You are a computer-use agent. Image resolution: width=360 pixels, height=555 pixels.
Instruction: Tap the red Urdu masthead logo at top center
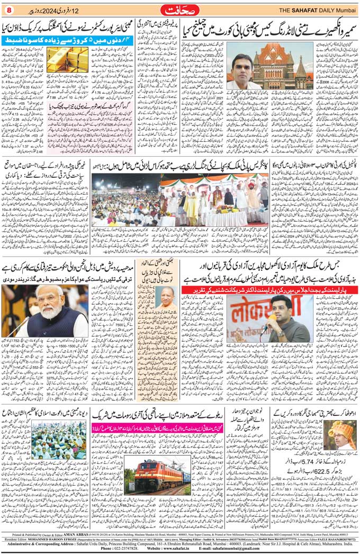pyautogui.click(x=179, y=10)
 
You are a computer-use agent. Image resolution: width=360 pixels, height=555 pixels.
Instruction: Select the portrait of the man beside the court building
pyautogui.click(x=246, y=67)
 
